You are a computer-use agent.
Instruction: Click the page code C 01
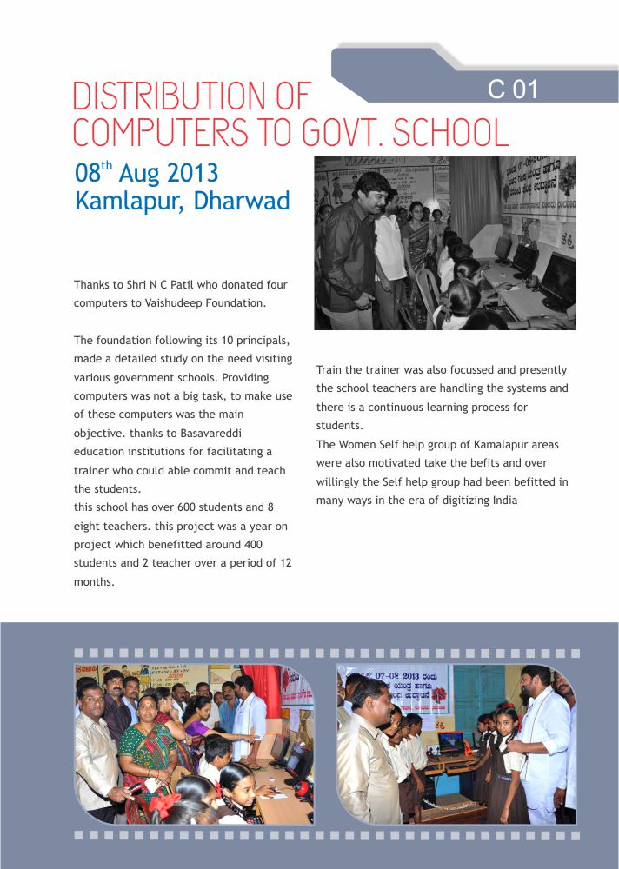pyautogui.click(x=513, y=89)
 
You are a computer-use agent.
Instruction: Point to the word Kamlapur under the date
pyautogui.click(x=130, y=201)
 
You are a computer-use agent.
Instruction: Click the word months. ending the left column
pyautogui.click(x=94, y=582)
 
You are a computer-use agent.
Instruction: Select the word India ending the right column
pyautogui.click(x=503, y=500)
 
